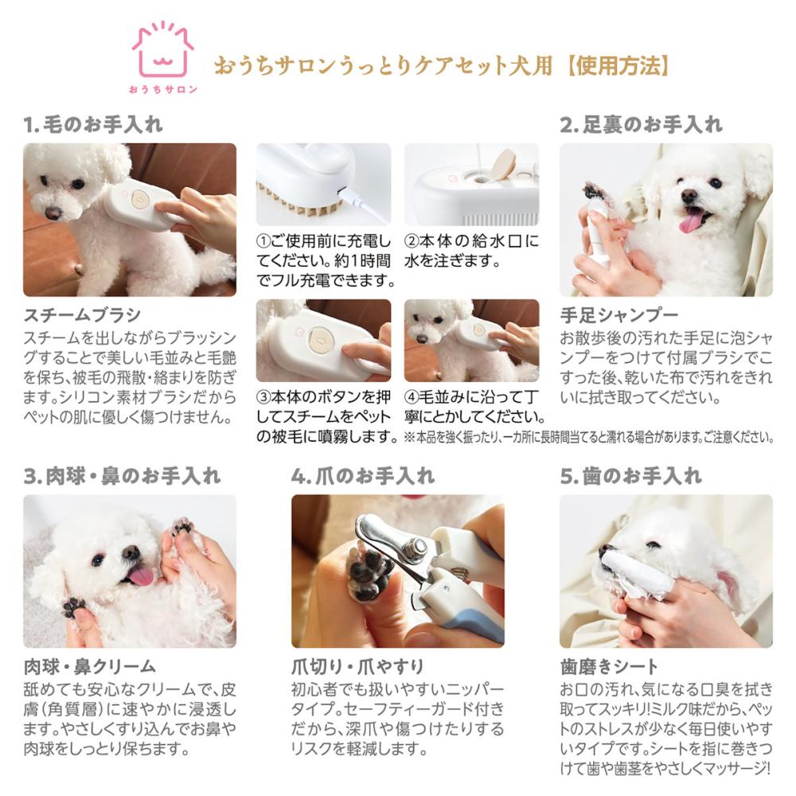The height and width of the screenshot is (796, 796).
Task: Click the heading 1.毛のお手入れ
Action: (x=93, y=124)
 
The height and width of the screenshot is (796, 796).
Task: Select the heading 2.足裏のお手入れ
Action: (x=641, y=124)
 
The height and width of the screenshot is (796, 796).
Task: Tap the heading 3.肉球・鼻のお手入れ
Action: (x=122, y=476)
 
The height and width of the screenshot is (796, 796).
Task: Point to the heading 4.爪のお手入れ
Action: (x=363, y=476)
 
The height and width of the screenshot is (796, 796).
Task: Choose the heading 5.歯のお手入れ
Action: (x=631, y=476)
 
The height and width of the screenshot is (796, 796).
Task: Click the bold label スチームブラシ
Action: (x=82, y=315)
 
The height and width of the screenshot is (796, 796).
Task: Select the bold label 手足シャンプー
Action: (x=618, y=315)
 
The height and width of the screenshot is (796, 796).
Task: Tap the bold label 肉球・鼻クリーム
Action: (x=90, y=666)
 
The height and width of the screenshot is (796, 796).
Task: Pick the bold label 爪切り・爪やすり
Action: (x=357, y=666)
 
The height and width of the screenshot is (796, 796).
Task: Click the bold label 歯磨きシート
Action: (x=609, y=666)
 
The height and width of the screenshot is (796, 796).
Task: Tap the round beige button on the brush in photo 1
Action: (x=139, y=198)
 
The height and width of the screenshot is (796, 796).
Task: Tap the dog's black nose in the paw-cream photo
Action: (x=131, y=552)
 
